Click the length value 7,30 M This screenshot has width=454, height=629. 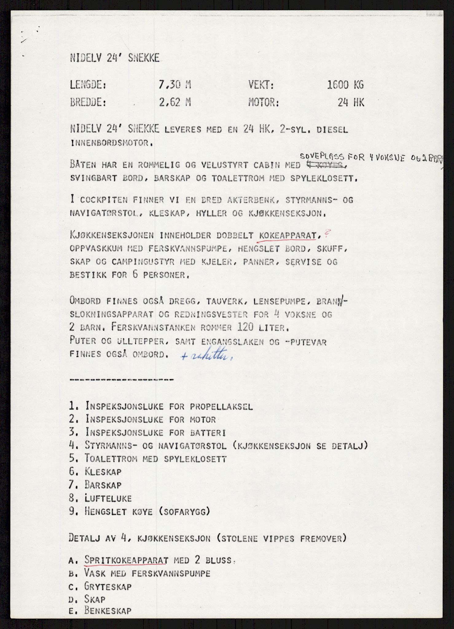click(x=174, y=84)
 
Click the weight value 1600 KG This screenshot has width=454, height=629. click(x=345, y=84)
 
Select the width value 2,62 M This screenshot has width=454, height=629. click(x=175, y=102)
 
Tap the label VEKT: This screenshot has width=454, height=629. click(x=261, y=84)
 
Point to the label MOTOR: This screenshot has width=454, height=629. click(x=264, y=102)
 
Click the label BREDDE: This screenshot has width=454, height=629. click(x=88, y=102)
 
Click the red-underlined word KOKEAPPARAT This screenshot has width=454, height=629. click(x=288, y=236)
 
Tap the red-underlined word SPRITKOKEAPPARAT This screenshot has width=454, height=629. click(x=126, y=560)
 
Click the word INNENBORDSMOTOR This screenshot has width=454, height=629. click(x=110, y=143)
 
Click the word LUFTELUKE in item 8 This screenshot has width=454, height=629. click(x=108, y=498)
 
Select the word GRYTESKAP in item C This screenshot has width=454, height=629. click(x=108, y=587)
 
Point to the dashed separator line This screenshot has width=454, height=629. click(x=122, y=380)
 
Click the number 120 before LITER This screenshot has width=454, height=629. click(x=246, y=327)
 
